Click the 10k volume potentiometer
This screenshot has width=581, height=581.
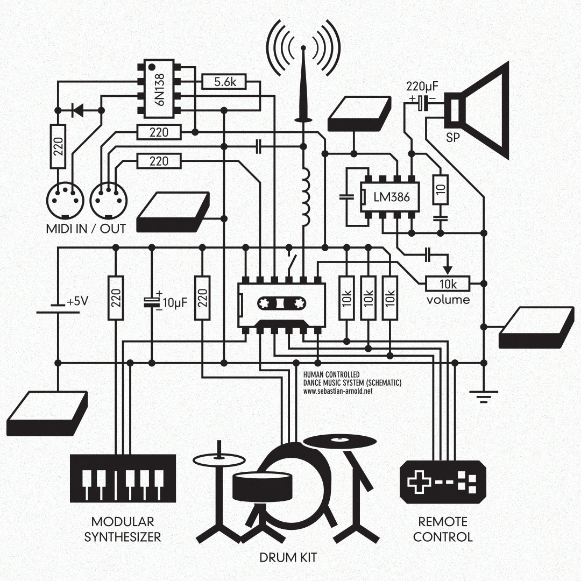448,283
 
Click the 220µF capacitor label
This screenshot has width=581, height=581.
423,86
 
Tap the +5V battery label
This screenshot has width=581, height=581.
77,302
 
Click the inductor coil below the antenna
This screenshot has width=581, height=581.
306,197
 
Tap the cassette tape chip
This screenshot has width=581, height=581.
281,305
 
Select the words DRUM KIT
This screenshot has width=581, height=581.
288,557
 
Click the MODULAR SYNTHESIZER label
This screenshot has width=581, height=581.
123,529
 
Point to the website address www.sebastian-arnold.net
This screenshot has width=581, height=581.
338,392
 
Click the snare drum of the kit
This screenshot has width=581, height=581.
262,484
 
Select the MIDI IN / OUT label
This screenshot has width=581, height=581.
86,228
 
